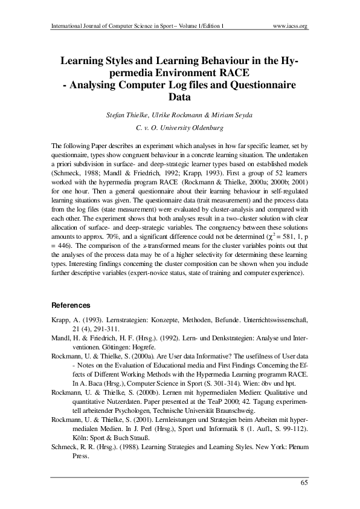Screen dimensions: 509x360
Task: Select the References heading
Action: click(71, 305)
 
